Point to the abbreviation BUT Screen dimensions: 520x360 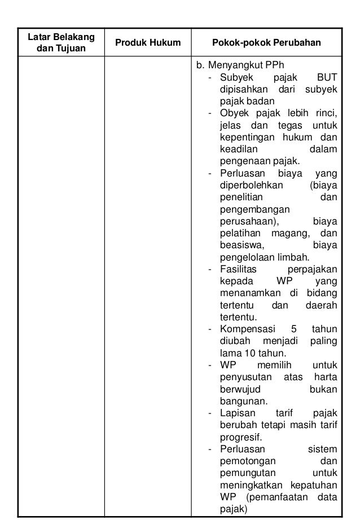coord(326,77)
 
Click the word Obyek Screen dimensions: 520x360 coord(232,114)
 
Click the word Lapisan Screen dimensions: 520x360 coord(235,414)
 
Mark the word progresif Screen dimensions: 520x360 coord(241,438)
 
